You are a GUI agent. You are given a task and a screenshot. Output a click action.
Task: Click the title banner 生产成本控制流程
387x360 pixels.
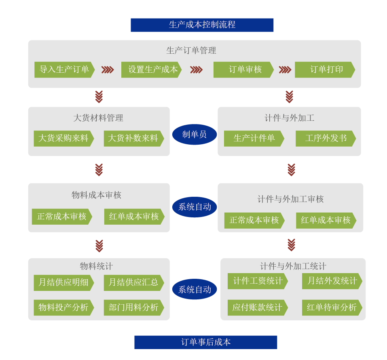[x=202, y=25]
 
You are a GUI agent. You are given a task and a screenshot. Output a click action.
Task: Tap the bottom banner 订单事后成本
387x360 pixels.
[x=205, y=342]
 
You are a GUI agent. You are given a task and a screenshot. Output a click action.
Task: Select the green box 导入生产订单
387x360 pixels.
[x=64, y=69]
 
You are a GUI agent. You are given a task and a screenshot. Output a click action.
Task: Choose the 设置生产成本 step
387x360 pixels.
[x=151, y=69]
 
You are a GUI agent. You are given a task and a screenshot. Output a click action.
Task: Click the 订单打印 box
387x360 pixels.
[x=325, y=69]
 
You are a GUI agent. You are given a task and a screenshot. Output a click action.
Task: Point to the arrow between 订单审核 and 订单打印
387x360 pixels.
[x=285, y=69]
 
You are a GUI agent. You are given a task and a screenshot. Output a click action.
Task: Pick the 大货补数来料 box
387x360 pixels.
[x=133, y=138]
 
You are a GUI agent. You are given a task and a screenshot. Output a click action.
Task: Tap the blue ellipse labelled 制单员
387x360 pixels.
[x=195, y=134]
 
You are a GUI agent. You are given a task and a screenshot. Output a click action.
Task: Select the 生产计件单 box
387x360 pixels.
[x=254, y=138]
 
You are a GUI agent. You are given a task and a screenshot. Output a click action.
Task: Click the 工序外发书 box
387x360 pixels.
[x=326, y=138]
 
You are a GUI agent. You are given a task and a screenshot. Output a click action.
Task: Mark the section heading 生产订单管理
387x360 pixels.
[x=191, y=51]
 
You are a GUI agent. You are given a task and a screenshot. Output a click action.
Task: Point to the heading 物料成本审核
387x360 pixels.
[x=96, y=195]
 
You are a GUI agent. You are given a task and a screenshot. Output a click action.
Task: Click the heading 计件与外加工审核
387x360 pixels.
[x=290, y=199]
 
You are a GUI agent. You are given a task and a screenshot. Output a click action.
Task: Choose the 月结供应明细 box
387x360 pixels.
[x=63, y=282]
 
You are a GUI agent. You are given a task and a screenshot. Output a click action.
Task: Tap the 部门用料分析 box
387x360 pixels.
[x=133, y=307]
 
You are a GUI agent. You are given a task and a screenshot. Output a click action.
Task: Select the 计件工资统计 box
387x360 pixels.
[x=258, y=281]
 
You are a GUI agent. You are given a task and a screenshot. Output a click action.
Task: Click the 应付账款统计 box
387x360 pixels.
[x=257, y=307]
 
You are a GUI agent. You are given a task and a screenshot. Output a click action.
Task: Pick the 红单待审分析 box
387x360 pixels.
[x=332, y=307]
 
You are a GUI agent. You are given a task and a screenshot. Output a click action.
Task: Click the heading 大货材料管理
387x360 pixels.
[x=98, y=118]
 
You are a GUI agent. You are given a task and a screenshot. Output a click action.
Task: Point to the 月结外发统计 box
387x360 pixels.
[x=332, y=281]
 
